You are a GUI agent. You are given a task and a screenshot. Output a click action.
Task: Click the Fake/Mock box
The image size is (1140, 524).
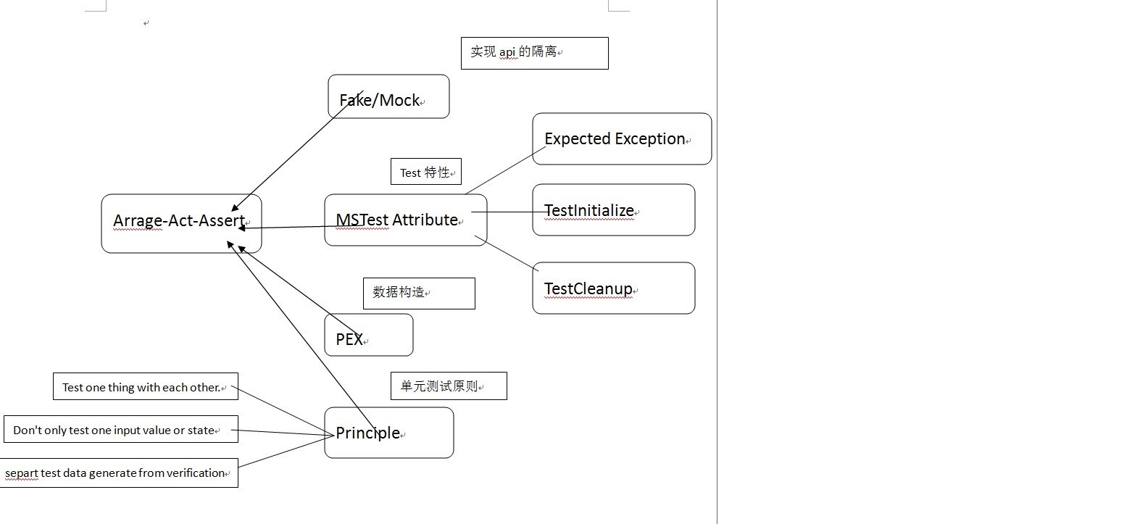coord(388,96)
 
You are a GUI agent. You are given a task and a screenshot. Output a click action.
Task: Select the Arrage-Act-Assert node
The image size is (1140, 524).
coord(180,223)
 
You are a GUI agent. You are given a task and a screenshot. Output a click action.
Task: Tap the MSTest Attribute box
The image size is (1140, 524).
coord(405,220)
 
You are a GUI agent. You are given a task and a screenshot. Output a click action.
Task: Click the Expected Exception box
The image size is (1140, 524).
coord(621,138)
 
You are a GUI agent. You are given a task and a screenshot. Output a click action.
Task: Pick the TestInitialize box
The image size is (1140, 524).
coord(613,210)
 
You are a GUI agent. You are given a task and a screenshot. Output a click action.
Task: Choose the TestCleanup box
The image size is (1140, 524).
coord(613,288)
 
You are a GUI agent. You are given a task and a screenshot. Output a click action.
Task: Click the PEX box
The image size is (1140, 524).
coord(368,335)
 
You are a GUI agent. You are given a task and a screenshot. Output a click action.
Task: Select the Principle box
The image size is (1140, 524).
coord(388,433)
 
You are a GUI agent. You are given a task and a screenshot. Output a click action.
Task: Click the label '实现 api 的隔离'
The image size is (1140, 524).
coord(534,53)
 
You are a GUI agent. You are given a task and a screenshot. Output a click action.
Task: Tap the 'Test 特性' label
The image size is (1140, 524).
coord(425,172)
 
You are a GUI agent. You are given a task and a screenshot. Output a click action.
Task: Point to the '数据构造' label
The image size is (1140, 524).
coord(418,293)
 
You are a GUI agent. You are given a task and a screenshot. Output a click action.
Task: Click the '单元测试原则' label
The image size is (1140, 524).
coord(448,386)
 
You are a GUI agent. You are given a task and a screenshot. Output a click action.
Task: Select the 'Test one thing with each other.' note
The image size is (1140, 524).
coord(145,387)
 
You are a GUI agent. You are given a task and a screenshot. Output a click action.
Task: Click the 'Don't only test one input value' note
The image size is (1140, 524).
coord(120,430)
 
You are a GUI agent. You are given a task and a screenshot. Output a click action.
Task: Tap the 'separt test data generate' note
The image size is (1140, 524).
coord(119,473)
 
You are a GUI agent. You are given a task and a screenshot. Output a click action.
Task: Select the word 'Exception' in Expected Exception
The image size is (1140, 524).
coord(650,138)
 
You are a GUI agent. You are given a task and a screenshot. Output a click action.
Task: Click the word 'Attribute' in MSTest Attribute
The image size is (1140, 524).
coord(425,220)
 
